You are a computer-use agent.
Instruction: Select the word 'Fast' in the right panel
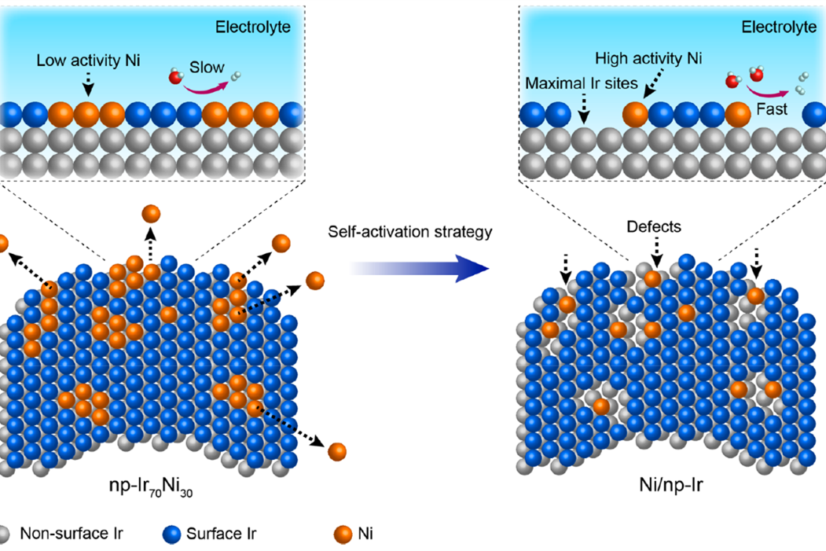tap(772, 110)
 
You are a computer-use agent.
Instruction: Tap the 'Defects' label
tap(655, 226)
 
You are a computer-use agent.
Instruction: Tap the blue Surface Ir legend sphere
tap(171, 534)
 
